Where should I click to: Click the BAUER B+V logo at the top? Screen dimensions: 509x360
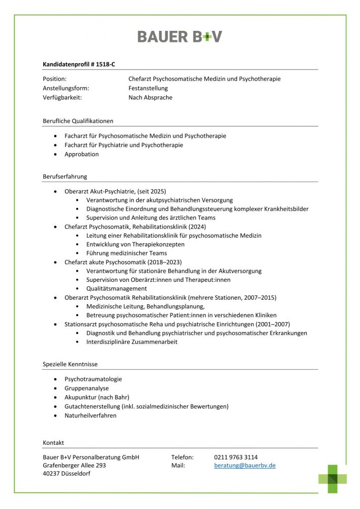pos(180,36)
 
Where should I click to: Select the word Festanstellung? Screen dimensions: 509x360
pos(148,88)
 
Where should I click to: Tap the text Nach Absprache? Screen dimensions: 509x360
pos(150,98)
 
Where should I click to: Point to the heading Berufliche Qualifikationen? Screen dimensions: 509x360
pos(78,121)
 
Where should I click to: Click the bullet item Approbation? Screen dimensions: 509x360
pos(82,155)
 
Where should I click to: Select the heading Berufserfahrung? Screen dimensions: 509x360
pos(65,176)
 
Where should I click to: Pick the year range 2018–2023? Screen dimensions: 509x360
pos(164,262)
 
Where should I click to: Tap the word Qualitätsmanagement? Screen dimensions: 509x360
pos(116,289)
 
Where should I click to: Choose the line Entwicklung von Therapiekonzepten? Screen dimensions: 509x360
pos(135,245)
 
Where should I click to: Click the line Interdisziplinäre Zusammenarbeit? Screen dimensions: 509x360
pos(132,342)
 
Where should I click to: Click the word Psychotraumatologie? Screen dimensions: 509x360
pos(93,379)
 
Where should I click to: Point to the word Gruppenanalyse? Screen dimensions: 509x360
pos(87,388)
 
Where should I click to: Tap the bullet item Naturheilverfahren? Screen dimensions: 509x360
pos(90,416)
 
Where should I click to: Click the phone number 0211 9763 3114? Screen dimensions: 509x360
pos(236,457)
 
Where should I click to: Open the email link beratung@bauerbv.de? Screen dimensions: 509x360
pos(245,466)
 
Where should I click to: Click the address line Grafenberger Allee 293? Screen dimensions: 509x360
pos(75,466)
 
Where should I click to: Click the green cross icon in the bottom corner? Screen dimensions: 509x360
pos(333,478)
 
